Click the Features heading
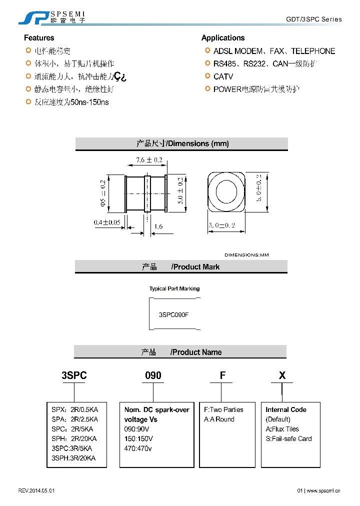point(39,38)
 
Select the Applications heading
point(223,38)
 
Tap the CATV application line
point(223,76)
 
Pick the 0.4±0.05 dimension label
point(107,222)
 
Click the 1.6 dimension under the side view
point(157,226)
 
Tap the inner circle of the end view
point(226,190)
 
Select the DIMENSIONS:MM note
point(246,255)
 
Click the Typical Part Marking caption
point(174,288)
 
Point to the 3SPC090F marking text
point(173,315)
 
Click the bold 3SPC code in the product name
point(74,375)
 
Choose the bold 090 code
point(153,375)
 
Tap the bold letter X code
point(282,375)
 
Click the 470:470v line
point(138,448)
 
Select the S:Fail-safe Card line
point(288,438)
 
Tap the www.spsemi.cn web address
point(324,491)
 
